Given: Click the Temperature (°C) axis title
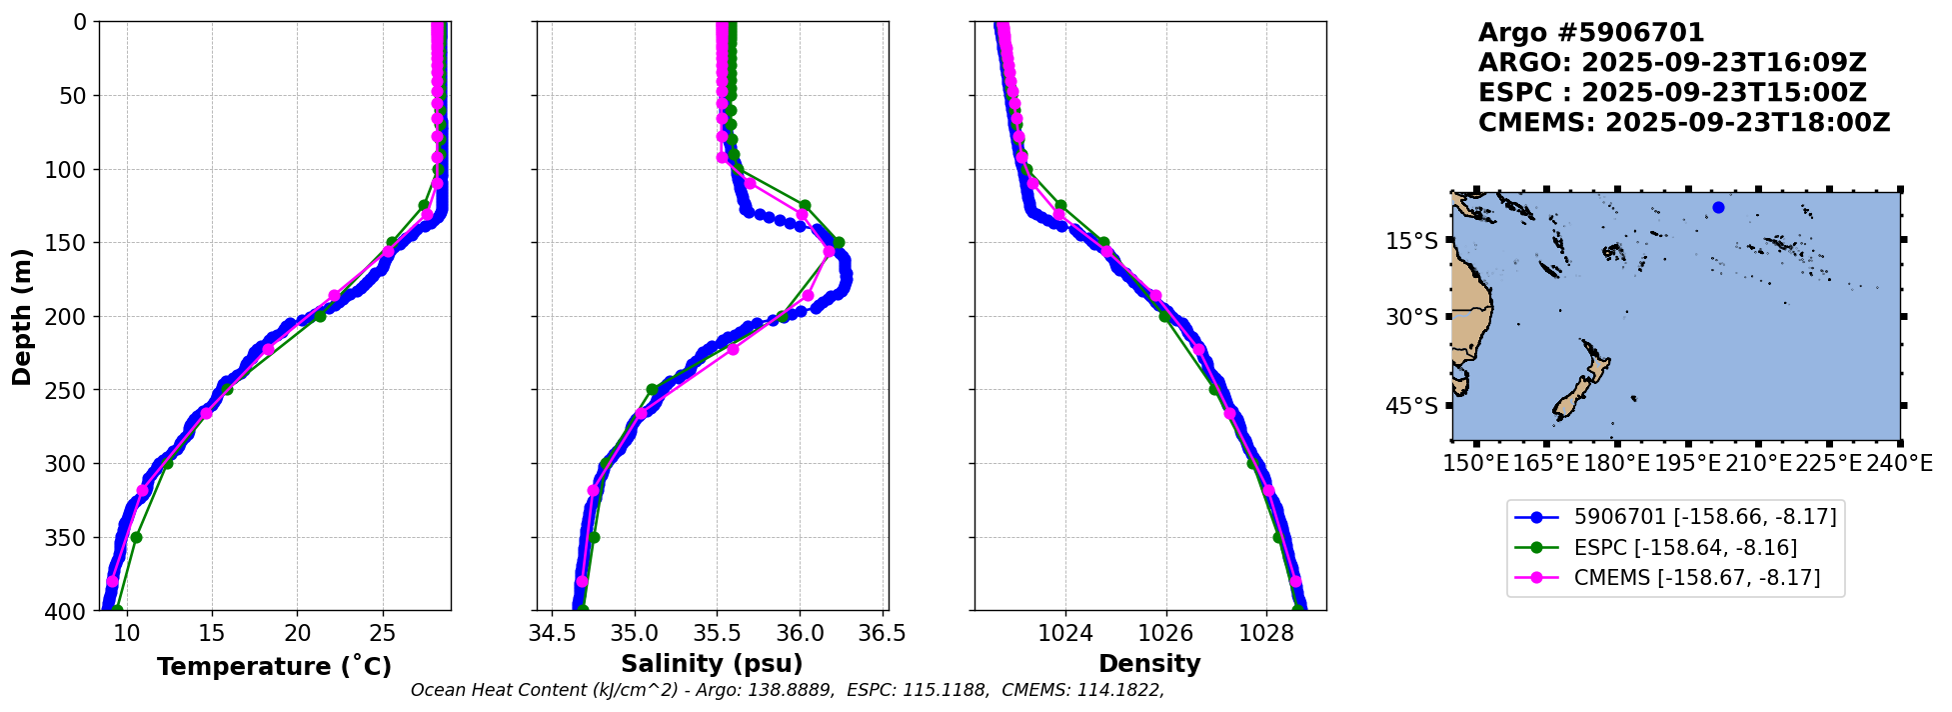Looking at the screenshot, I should (274, 667).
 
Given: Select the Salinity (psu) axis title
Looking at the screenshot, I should (712, 664).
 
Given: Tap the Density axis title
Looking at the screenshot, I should (1149, 664).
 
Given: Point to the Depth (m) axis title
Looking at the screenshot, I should (22, 316).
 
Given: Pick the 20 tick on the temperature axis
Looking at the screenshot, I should (297, 633).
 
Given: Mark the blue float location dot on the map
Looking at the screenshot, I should (1718, 208).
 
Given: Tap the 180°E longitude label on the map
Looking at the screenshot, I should (1616, 463).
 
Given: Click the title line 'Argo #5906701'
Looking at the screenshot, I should (1591, 33).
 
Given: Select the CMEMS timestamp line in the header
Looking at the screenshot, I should (1684, 123).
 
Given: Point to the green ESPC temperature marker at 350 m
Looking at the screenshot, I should (136, 537).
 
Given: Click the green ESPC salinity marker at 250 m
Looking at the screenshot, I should (652, 390).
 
